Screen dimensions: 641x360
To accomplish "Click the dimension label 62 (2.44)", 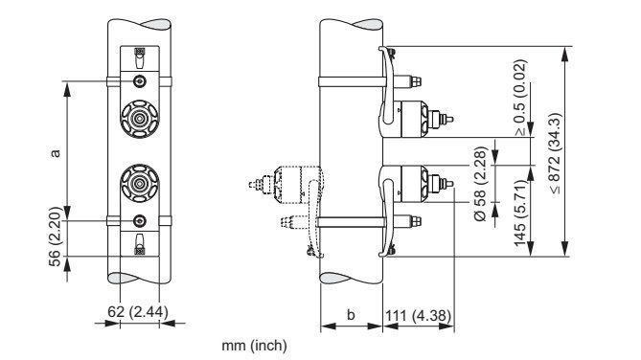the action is tap(138, 312).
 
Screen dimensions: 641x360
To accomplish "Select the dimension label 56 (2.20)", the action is tap(55, 236).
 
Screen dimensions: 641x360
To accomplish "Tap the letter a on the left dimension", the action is tap(55, 153).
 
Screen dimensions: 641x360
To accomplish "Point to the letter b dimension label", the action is tap(351, 315).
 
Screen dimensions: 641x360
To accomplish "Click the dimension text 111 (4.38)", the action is tap(418, 315).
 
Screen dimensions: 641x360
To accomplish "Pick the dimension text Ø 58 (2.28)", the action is tap(481, 184).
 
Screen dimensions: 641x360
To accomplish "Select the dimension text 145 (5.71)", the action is tap(520, 213).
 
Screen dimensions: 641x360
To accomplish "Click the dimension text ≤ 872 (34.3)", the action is tap(556, 153).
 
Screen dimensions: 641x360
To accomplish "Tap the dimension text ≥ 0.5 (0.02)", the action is tap(520, 98).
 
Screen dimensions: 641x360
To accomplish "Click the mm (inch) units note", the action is tap(254, 346).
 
